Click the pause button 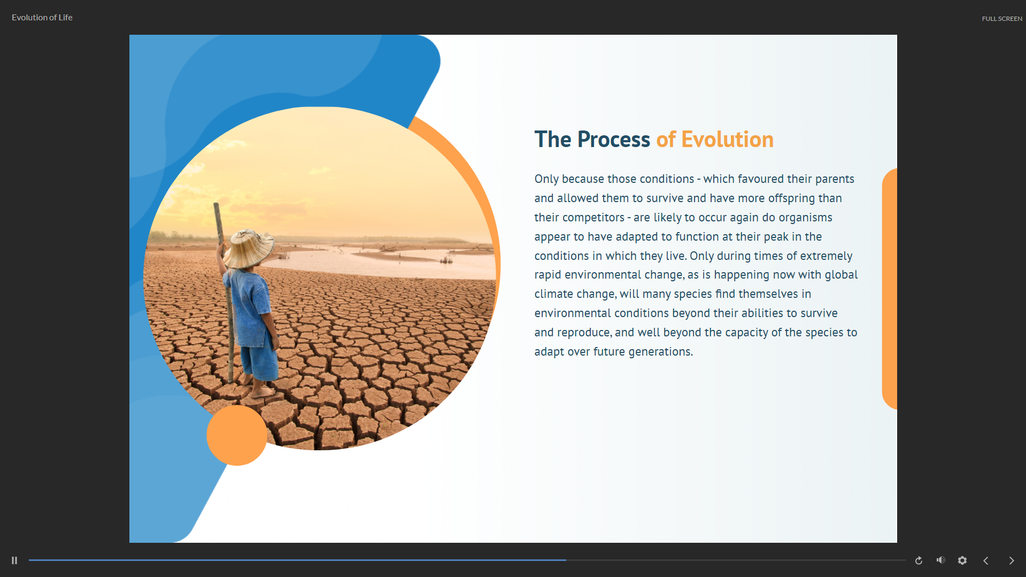(14, 560)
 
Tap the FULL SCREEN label (1002, 19)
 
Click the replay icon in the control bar (919, 560)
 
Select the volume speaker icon (941, 560)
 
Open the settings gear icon (962, 560)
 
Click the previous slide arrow (986, 560)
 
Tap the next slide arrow (1012, 560)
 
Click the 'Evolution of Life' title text (42, 18)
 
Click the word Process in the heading (614, 140)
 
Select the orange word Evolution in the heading (727, 140)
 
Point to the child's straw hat (249, 248)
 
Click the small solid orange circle (237, 435)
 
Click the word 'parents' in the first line (834, 179)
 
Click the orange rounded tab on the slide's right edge (890, 289)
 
